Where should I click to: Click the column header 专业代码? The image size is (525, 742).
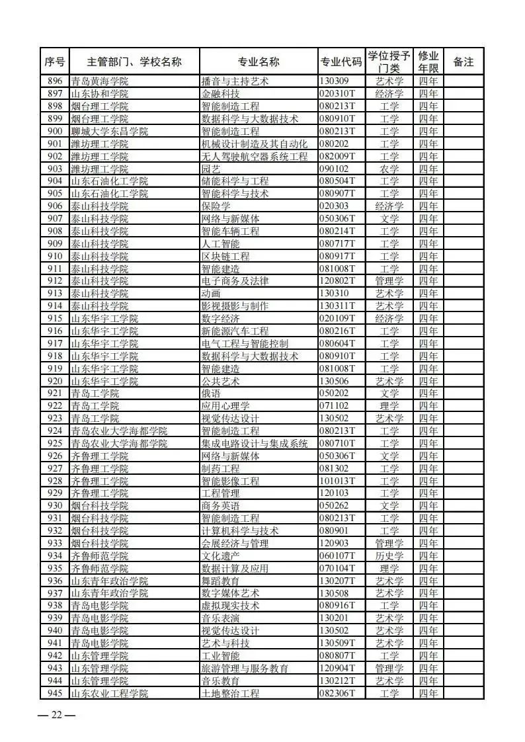[341, 62]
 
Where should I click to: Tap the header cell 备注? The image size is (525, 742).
[464, 62]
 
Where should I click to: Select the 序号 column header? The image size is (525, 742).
[55, 62]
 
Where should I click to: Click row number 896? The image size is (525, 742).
[55, 81]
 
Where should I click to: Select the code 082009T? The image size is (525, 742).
[337, 157]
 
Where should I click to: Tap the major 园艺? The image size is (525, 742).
[211, 169]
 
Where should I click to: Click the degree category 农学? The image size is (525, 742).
[389, 169]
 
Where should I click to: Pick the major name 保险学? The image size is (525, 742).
[216, 206]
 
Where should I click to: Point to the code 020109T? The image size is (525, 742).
[337, 319]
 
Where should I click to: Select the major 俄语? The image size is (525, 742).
[211, 393]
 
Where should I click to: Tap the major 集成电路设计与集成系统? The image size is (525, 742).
[255, 443]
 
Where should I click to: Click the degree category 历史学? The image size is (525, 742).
[389, 556]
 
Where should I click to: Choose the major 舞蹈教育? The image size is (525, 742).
[220, 581]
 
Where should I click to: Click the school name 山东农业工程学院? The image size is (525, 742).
[109, 693]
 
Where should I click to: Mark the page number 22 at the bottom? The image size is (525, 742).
[57, 715]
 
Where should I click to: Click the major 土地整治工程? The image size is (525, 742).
[230, 693]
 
